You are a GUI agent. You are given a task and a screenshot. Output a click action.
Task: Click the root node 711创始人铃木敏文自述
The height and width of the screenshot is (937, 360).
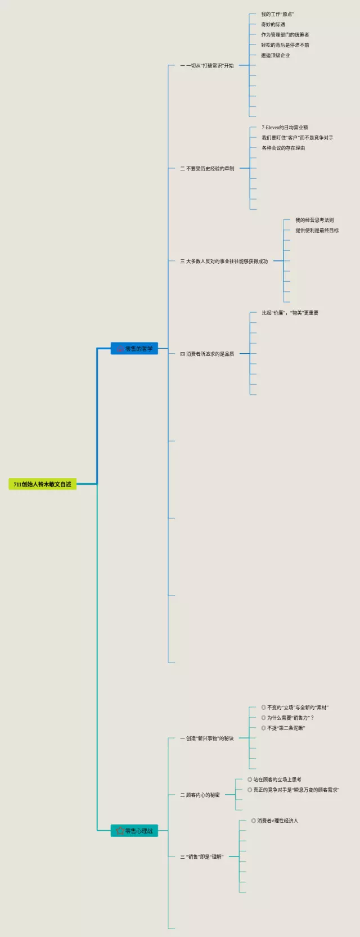[43, 484]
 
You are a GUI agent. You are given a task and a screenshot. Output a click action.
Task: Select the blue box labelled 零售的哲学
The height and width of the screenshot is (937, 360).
[134, 349]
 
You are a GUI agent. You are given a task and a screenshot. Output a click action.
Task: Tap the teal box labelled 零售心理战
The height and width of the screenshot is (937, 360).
[134, 831]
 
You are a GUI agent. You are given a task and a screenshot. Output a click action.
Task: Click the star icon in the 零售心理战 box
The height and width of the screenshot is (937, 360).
[119, 831]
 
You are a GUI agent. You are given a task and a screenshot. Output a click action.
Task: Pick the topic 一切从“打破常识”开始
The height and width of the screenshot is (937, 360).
[207, 66]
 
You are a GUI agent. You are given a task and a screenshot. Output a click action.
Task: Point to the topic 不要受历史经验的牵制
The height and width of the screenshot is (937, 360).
[207, 169]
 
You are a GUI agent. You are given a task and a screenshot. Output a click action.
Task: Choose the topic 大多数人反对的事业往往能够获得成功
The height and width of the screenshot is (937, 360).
[224, 262]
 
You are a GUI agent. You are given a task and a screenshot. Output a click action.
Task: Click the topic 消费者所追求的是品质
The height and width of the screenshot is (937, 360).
[207, 354]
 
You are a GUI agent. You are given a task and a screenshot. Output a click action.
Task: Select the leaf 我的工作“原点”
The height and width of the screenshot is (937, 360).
[278, 14]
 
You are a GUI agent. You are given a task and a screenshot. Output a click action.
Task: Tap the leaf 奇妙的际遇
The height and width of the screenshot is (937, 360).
[273, 25]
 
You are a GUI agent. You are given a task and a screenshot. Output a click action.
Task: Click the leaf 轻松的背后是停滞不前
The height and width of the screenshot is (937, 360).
[285, 45]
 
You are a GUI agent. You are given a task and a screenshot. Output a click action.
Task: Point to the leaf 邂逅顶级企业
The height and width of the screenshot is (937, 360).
[276, 56]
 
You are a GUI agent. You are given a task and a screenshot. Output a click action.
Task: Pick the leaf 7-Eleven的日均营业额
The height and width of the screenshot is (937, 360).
[285, 128]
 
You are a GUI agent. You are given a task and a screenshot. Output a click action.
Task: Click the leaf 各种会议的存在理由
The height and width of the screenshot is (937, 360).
[283, 148]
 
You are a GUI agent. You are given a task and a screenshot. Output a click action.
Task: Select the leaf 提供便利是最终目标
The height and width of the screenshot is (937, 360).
[317, 231]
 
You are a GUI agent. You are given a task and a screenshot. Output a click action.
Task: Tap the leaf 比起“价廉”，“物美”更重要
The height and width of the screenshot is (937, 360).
[290, 313]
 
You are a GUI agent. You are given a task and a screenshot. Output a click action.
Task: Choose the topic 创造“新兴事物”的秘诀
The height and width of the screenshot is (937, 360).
[207, 738]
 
